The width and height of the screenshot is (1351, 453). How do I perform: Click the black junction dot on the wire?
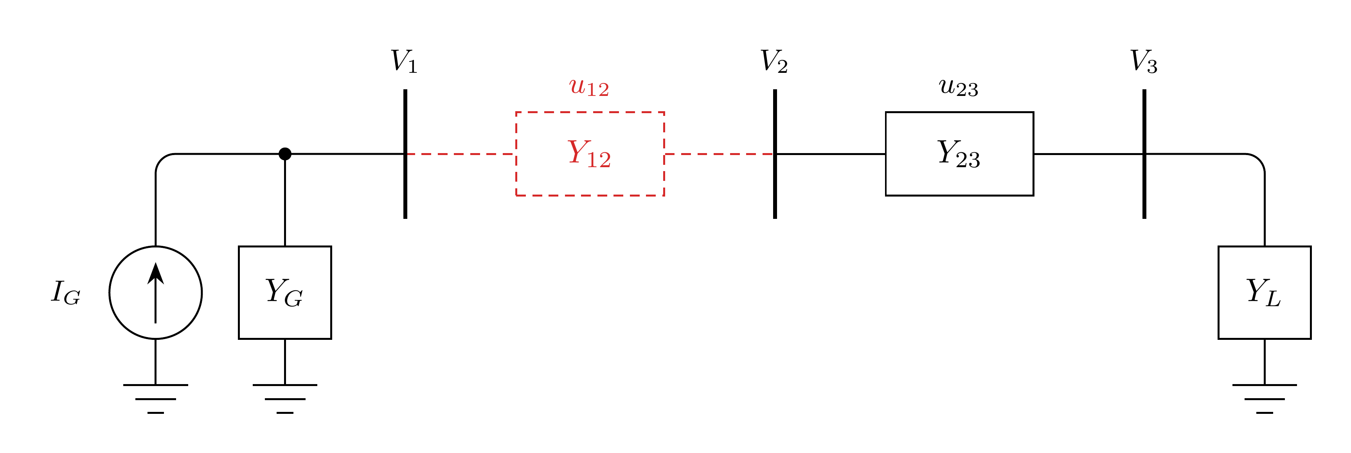285,154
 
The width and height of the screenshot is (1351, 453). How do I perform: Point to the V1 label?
404,61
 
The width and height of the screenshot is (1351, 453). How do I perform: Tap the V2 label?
774,61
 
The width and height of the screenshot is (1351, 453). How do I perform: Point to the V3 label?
1144,61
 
